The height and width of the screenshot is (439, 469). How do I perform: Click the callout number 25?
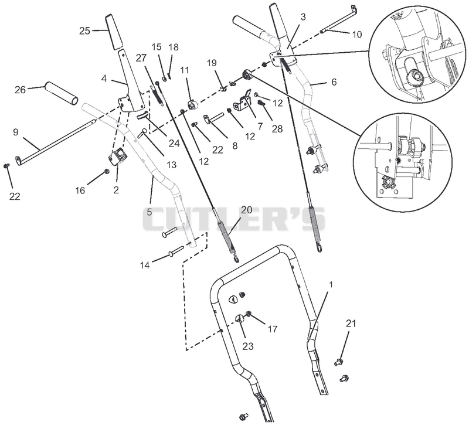84,30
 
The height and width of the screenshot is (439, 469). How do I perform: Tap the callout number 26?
21,90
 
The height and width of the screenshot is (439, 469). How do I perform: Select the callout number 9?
16,132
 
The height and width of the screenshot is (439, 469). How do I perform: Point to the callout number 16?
80,190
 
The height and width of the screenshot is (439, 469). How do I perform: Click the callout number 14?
145,265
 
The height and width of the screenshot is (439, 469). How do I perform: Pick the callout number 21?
351,324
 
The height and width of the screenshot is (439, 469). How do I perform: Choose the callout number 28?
277,128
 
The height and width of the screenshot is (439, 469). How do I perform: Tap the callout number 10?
357,35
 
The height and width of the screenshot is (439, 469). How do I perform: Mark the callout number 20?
247,210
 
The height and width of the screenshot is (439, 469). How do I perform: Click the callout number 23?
248,346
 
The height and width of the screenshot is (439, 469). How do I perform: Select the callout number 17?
273,329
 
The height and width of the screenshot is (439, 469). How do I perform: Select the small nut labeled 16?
106,171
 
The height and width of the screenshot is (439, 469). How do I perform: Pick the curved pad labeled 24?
142,115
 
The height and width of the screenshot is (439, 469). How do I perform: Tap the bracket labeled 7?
244,101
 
